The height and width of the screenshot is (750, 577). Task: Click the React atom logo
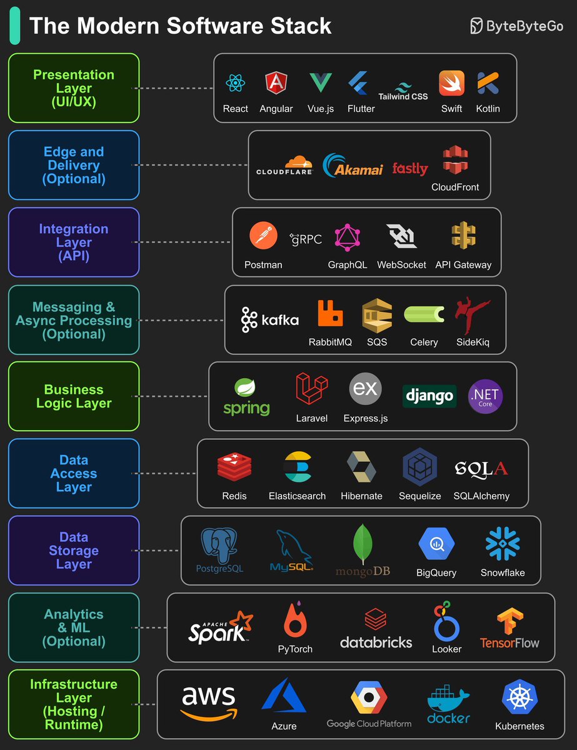click(235, 83)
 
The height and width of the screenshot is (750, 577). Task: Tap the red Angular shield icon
click(276, 83)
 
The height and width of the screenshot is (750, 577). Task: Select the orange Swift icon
click(451, 83)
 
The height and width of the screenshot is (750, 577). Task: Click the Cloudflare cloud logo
click(285, 164)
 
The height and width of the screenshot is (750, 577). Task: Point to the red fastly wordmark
click(410, 169)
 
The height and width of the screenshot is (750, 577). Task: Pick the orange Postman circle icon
click(263, 236)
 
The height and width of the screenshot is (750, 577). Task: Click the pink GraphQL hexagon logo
click(347, 237)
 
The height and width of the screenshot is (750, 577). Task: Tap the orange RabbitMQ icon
click(330, 314)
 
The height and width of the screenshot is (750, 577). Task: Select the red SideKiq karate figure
click(473, 316)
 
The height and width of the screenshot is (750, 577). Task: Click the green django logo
click(429, 396)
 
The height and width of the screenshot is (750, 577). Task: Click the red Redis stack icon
click(234, 469)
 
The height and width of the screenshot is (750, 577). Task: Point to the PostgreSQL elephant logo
click(219, 545)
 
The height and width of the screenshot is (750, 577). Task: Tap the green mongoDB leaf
click(363, 543)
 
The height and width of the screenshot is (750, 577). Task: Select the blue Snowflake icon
click(503, 543)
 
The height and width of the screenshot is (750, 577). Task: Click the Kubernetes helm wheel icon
click(519, 698)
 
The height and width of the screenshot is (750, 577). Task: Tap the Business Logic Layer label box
click(74, 396)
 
